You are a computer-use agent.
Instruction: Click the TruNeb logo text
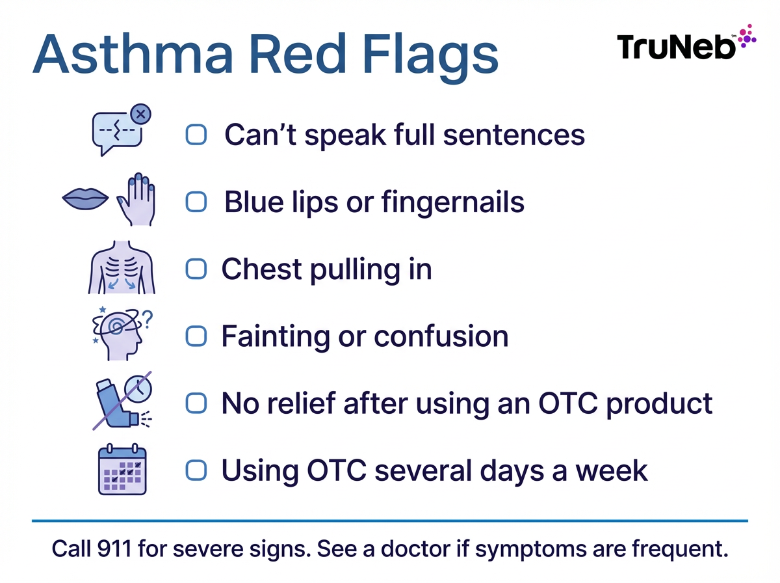click(676, 47)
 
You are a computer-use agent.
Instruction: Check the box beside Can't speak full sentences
click(196, 135)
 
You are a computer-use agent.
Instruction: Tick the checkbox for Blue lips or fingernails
click(196, 202)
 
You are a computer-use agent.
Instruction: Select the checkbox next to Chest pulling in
click(196, 269)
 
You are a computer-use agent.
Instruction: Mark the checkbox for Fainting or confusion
click(196, 336)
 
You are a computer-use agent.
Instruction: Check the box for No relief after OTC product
click(196, 403)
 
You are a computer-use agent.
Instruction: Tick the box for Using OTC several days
click(196, 470)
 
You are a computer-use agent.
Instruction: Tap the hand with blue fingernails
click(136, 199)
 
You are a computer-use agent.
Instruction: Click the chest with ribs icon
click(122, 269)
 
